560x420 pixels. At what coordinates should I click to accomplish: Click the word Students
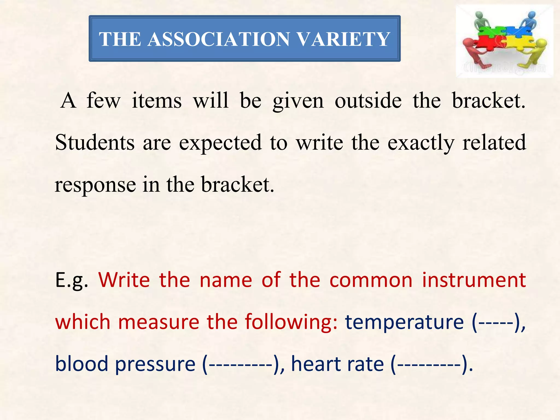click(x=95, y=142)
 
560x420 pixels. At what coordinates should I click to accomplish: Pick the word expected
click(x=220, y=143)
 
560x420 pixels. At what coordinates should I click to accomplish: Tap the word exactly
click(x=421, y=143)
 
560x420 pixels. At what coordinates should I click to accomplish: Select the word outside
click(x=368, y=101)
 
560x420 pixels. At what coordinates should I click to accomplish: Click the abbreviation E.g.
click(x=72, y=280)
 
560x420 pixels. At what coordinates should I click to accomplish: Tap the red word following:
click(x=291, y=322)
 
